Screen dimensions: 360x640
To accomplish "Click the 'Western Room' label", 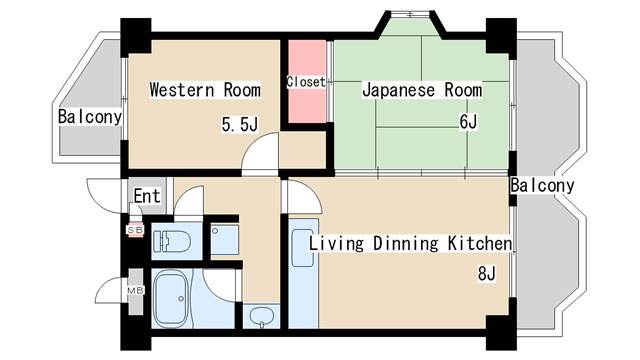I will [205, 91].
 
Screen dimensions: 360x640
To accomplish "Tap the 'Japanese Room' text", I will [421, 91].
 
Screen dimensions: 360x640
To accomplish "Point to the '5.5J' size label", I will [240, 125].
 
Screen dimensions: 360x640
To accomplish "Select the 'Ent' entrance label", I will [148, 196].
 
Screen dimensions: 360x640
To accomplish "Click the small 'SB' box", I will [134, 230].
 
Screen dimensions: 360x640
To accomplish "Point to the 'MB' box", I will [134, 291].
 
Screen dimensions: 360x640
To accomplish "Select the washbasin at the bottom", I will [262, 318].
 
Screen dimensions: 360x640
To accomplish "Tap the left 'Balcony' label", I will [90, 117].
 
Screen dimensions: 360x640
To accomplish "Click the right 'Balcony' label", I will [542, 186].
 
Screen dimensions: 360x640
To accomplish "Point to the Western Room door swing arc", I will [262, 155].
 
